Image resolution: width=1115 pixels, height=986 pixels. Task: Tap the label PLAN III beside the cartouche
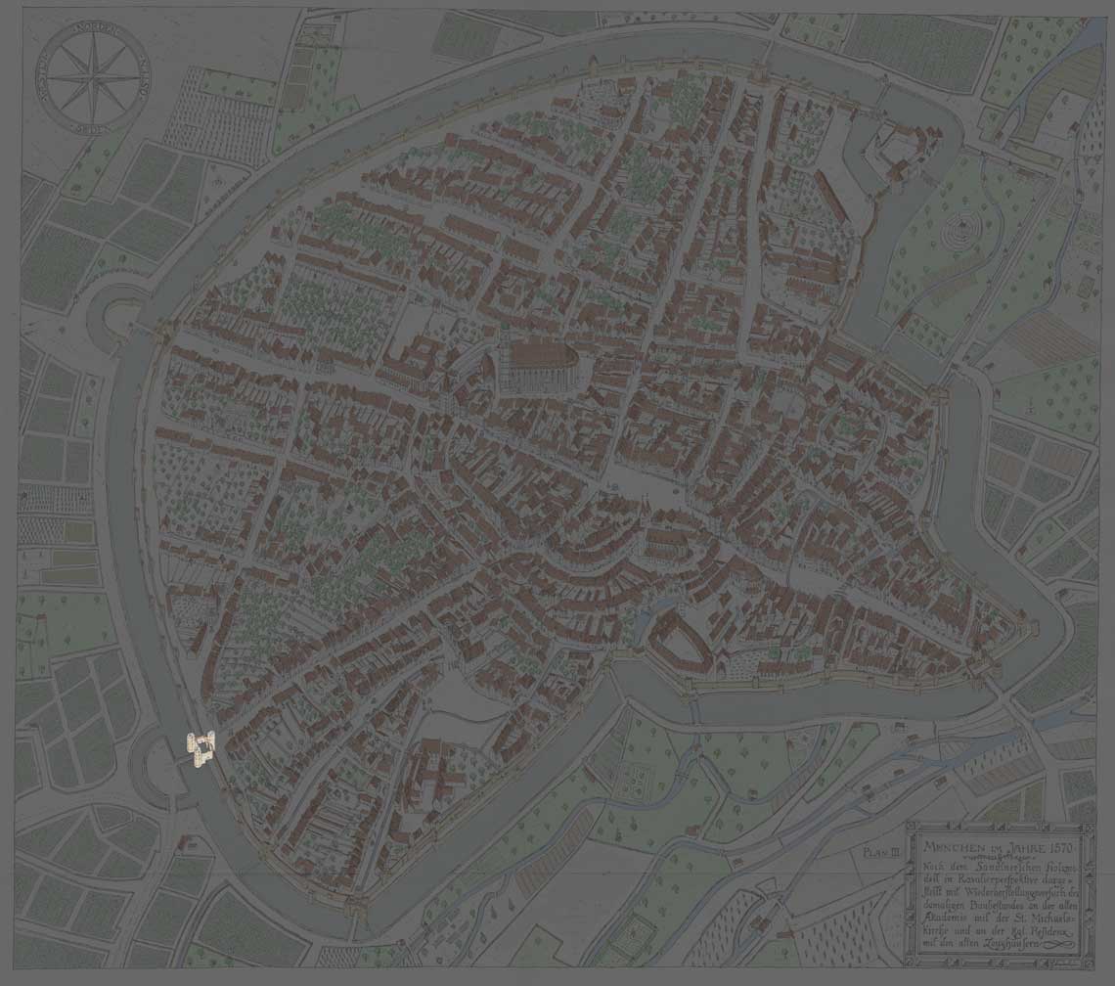click(881, 852)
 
